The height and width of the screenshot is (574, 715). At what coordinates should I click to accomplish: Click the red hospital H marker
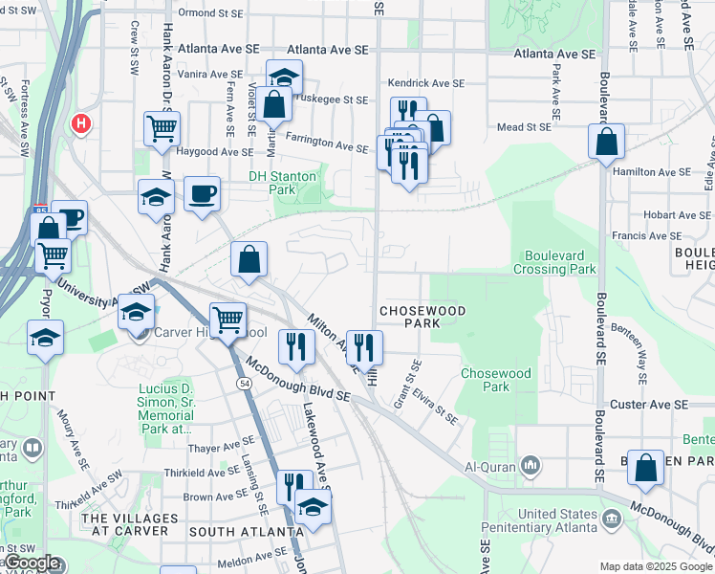(81, 123)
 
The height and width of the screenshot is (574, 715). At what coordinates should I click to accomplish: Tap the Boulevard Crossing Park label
(560, 262)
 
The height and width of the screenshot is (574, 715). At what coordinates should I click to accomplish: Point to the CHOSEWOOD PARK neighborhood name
(422, 318)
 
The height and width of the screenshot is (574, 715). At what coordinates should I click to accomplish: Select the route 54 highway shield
(245, 383)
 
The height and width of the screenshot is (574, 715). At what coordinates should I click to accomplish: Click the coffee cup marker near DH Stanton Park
(201, 193)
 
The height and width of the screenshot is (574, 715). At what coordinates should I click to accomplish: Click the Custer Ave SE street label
(649, 406)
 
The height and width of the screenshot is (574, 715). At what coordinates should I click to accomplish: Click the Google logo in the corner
(31, 563)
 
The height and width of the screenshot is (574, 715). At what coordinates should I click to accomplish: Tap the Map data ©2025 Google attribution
(656, 566)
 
